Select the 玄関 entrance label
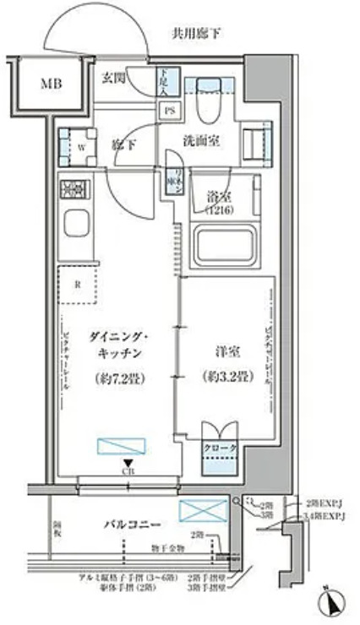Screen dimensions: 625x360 (x=114, y=78)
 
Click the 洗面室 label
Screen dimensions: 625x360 (x=202, y=141)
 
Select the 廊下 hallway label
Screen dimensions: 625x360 (x=124, y=144)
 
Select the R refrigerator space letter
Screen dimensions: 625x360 (x=77, y=285)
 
